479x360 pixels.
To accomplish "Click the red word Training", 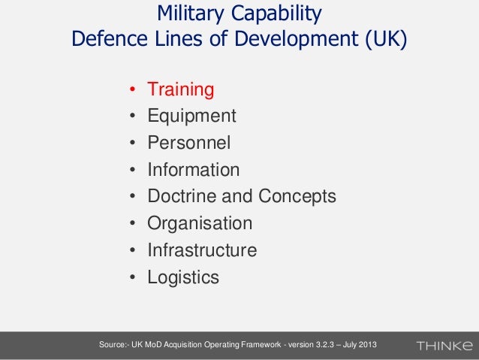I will (181, 90).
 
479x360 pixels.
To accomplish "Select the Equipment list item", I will (191, 116).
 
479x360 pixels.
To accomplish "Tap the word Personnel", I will (189, 143).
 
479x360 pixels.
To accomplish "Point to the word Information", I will (194, 170).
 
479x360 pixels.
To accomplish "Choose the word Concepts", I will (297, 197).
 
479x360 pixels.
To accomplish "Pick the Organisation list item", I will (200, 224).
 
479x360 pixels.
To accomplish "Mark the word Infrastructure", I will (202, 250).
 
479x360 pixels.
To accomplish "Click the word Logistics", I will (183, 277).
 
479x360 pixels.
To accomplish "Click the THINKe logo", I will (444, 346).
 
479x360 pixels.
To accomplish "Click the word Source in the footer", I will (105, 345).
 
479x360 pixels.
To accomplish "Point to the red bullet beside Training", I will (131, 91).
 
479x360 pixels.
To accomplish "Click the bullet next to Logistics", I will (131, 278).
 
